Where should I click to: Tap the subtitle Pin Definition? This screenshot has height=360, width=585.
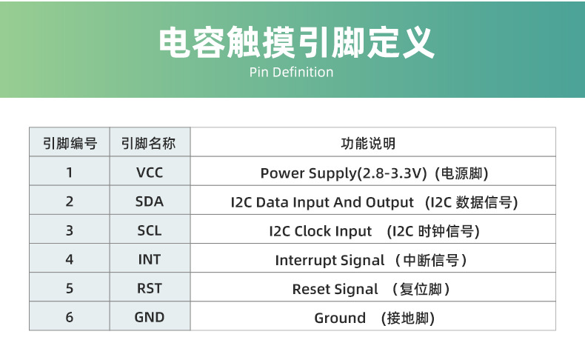[291, 72]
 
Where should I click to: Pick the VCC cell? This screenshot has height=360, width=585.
[149, 173]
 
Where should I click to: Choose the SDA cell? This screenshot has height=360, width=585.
[149, 201]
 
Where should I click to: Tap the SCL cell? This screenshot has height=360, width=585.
[149, 230]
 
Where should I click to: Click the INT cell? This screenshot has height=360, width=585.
[149, 260]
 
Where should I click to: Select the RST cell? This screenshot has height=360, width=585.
[149, 289]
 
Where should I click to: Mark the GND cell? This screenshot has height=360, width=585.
[149, 318]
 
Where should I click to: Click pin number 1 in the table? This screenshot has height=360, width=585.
[70, 173]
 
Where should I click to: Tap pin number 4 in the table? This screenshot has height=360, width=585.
[70, 260]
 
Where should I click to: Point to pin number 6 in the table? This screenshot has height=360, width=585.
[70, 318]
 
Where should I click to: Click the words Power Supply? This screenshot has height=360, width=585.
[308, 173]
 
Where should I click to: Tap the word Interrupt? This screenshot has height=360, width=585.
[306, 260]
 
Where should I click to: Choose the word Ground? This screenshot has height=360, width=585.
[340, 319]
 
